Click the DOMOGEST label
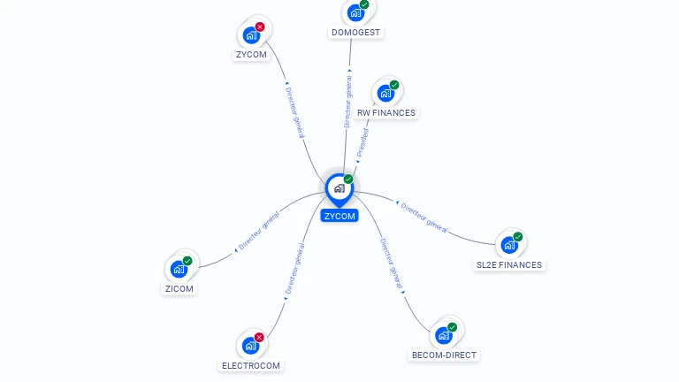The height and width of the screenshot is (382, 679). [x=355, y=33]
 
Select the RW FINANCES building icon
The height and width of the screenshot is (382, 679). [x=385, y=92]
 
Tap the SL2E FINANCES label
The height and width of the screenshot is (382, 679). [x=509, y=264]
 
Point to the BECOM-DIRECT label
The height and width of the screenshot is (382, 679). [x=444, y=355]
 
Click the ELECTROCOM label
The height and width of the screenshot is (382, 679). [x=251, y=365]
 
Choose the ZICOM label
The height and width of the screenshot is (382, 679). [x=179, y=288]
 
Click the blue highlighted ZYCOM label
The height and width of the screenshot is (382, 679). [x=339, y=216]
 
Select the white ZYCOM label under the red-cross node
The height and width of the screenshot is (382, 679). [x=251, y=54]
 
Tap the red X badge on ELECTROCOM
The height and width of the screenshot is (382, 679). [x=259, y=338]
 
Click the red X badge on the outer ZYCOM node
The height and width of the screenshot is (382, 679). [x=260, y=27]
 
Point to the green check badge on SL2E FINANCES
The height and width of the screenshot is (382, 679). [x=518, y=237]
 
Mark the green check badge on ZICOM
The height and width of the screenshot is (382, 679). [x=187, y=261]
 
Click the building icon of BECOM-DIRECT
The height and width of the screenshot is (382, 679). [x=442, y=335]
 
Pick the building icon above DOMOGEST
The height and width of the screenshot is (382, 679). [x=355, y=12]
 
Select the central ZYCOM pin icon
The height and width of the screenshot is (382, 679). [x=339, y=188]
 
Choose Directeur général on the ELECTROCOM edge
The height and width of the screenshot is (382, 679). [x=294, y=271]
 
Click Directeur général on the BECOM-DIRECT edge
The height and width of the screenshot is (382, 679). [x=392, y=264]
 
